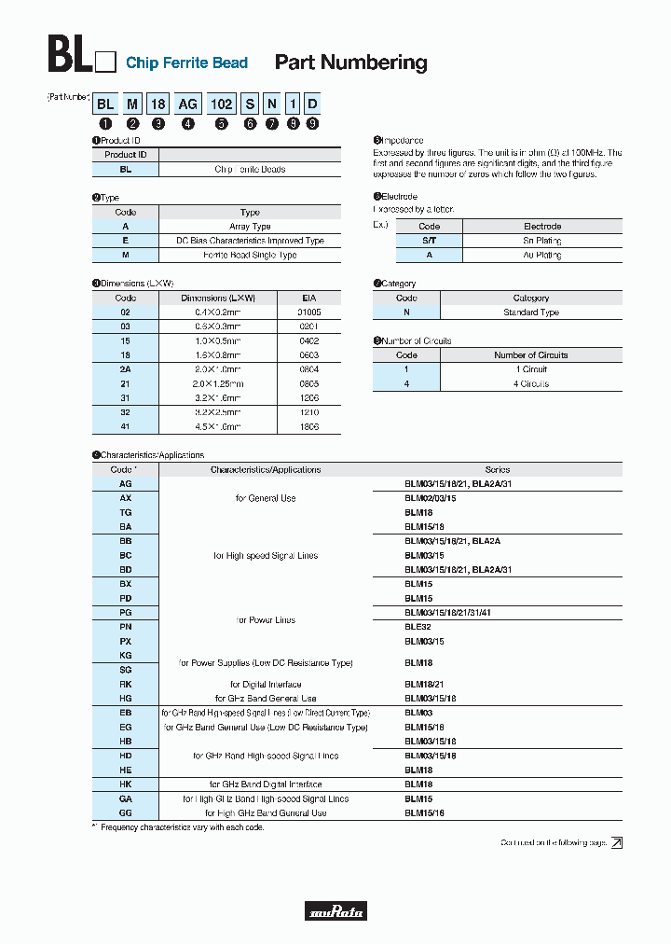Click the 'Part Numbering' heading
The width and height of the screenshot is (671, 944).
point(350,62)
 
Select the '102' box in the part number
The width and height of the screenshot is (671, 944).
point(222,105)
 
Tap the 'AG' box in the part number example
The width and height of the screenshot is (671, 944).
point(188,105)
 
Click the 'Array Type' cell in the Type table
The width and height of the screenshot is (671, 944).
point(250,227)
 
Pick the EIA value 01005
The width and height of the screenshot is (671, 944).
point(308,312)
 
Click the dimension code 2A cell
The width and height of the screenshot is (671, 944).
point(126,369)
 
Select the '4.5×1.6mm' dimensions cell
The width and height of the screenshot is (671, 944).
point(218,426)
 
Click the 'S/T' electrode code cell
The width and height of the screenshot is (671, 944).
point(429,241)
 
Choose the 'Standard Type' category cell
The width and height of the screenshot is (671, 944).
point(531,312)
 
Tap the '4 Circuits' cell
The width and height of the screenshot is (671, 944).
point(531,383)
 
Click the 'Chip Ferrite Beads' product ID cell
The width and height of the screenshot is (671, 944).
point(250,170)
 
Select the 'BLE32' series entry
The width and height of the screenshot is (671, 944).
point(418,627)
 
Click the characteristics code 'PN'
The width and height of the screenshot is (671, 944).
point(126,627)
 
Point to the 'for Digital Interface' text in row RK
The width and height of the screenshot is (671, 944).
point(266,684)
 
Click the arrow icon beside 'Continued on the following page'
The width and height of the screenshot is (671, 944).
point(616,842)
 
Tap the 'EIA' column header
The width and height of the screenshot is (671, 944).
point(308,298)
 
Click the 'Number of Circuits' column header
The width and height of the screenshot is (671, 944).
point(531,355)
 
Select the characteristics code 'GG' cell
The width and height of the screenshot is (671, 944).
point(126,812)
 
